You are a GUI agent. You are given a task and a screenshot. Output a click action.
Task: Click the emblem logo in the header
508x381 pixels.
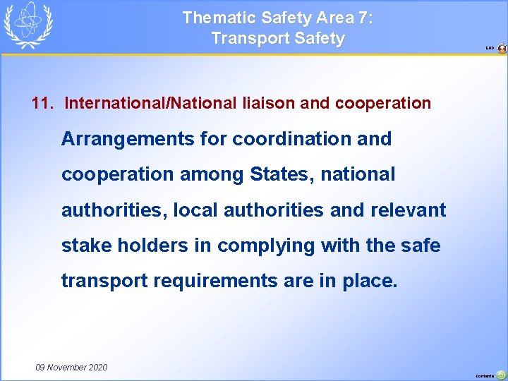coord(29,25)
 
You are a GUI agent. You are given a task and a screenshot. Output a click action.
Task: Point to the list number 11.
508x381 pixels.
coord(42,103)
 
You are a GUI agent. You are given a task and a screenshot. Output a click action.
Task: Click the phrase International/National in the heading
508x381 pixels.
coord(150,103)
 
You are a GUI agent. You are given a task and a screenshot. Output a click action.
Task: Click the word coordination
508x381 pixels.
coord(292,139)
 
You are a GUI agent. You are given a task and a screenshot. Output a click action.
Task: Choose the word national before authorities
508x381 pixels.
coord(358,174)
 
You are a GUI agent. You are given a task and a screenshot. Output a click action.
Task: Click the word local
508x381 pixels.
coord(193,210)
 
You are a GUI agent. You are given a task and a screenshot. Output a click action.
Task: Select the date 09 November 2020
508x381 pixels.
coord(71,367)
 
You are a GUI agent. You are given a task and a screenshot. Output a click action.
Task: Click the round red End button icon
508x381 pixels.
coord(502,49)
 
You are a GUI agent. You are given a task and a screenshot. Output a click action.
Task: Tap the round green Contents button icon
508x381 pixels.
coord(501,375)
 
